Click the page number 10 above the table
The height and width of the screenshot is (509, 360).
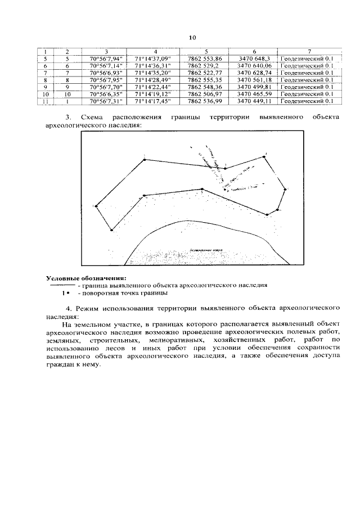(192, 38)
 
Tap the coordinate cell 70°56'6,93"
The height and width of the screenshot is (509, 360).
(106, 73)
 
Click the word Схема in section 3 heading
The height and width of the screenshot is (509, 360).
(92, 117)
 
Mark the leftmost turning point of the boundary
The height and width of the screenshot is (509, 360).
(97, 206)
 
